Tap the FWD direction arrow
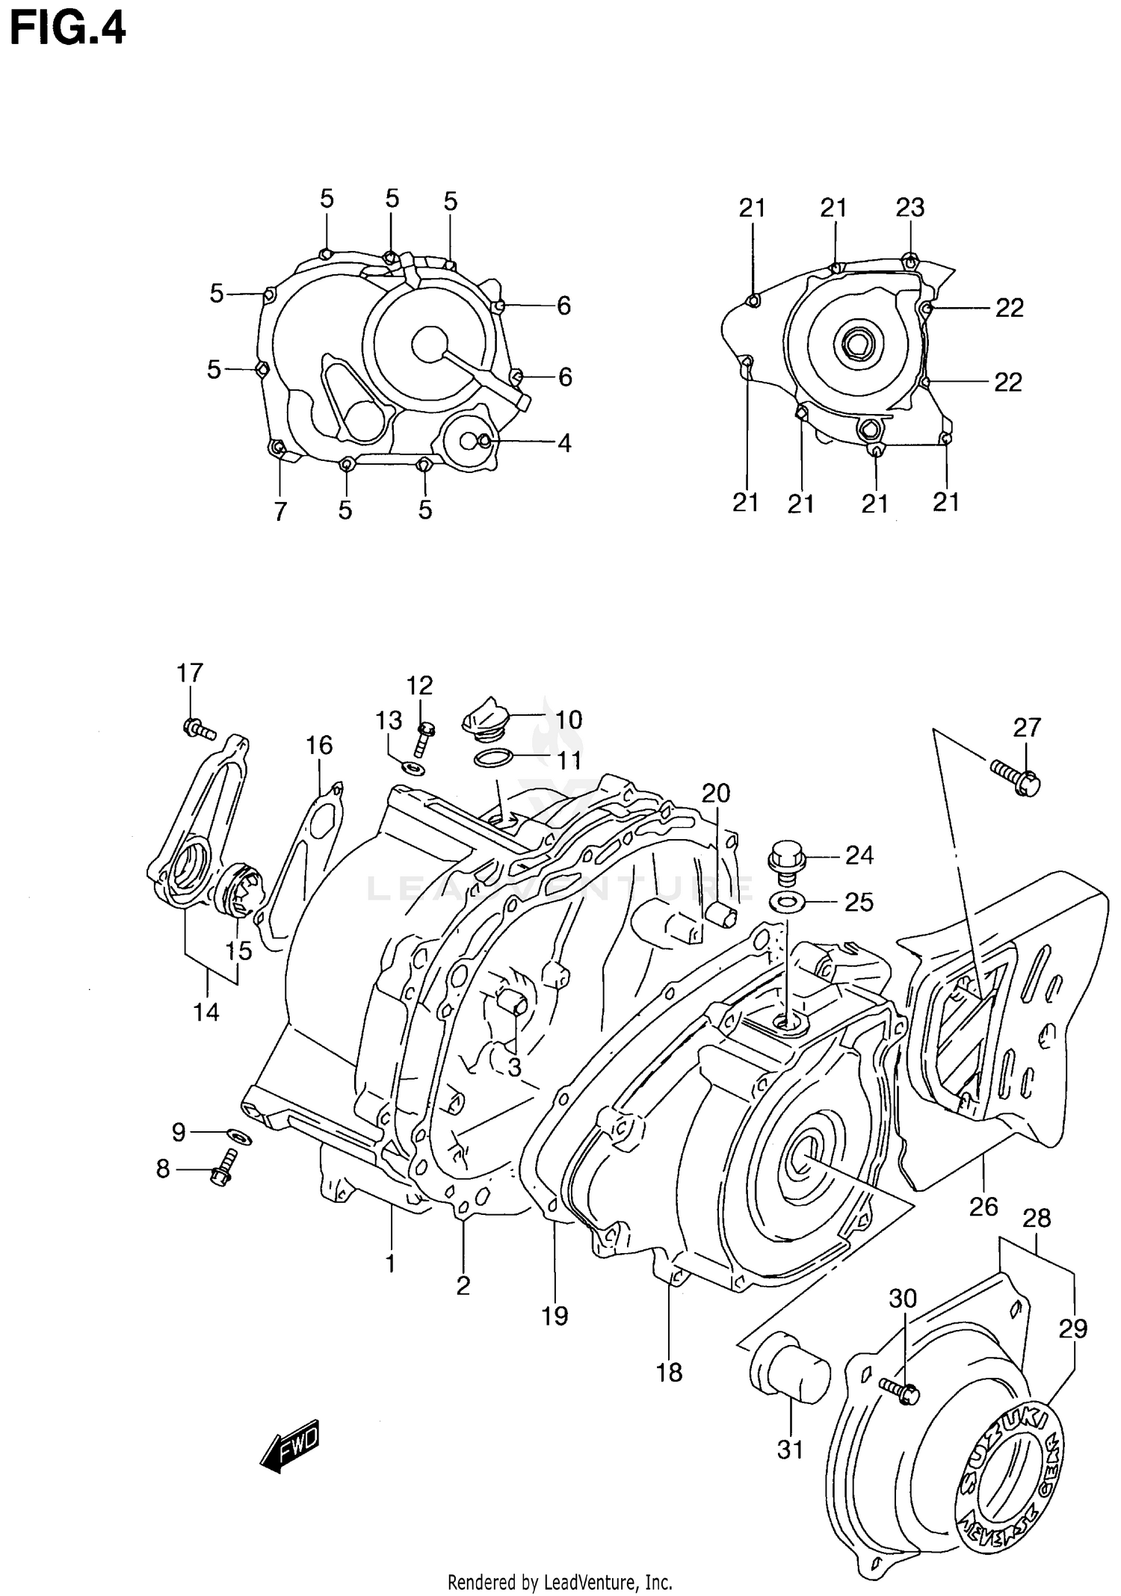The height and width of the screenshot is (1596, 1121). coord(290,1444)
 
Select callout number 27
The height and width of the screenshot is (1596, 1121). coord(1027,727)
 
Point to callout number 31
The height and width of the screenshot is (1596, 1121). coord(790,1450)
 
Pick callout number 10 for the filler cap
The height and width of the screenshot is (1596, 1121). coord(569,720)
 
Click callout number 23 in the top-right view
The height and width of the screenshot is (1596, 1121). coord(910,208)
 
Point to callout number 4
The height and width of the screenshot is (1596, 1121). coord(564,443)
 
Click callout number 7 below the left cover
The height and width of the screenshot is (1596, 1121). coord(280,511)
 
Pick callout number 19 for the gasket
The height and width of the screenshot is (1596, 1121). coord(555,1316)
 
